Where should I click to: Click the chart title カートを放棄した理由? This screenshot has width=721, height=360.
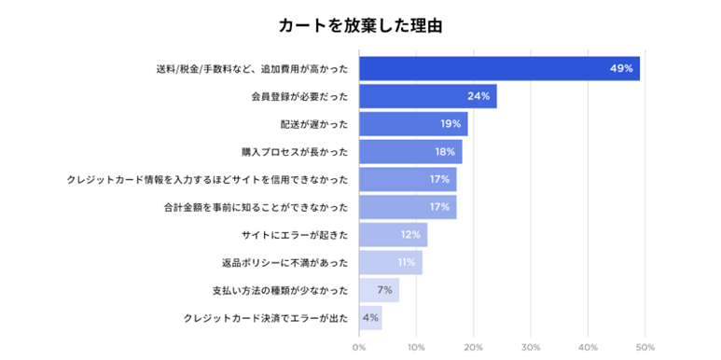[x=360, y=25]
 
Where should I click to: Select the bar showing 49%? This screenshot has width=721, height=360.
[x=499, y=68]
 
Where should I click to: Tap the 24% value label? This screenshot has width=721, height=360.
[x=478, y=96]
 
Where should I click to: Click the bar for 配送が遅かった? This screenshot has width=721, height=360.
[x=413, y=124]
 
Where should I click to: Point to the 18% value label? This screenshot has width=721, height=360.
[x=444, y=152]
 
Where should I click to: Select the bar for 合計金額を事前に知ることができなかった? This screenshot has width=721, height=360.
[x=408, y=207]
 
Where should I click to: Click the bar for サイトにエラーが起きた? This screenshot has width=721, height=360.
[x=393, y=235]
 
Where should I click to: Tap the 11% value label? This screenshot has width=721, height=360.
[x=406, y=263]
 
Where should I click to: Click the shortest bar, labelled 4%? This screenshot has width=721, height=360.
[x=370, y=318]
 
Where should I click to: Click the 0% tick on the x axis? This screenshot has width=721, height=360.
[x=359, y=347]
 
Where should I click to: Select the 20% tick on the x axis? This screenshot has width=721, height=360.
[x=473, y=347]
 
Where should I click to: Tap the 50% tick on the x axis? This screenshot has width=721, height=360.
[x=645, y=347]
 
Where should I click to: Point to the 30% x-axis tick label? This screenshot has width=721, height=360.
[x=530, y=347]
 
